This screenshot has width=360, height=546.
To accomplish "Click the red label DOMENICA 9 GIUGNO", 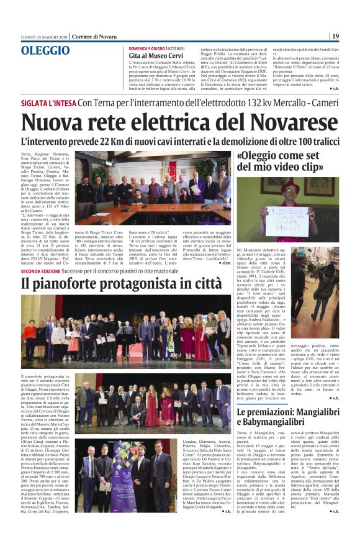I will coord(146,48).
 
